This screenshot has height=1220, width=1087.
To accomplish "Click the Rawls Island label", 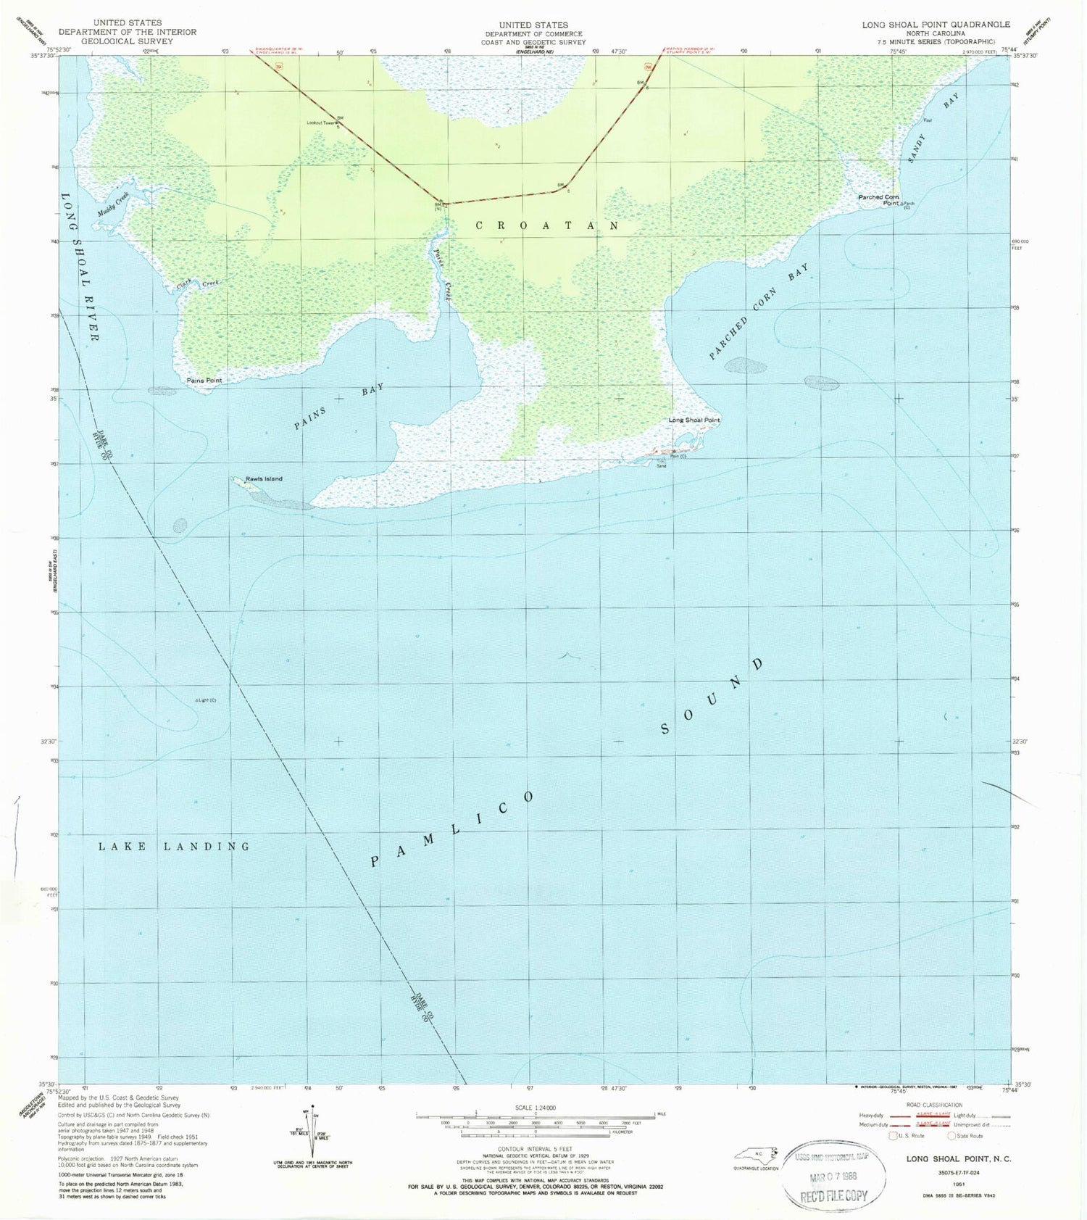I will point(264,478).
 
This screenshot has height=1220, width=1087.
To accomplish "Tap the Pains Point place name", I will point(204,380).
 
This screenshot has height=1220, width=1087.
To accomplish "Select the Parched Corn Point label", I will point(879,200).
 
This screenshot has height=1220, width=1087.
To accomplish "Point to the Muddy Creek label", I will point(113,204).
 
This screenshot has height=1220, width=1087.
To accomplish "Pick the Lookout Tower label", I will point(321,123).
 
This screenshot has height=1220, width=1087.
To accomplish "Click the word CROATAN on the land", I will point(547,226).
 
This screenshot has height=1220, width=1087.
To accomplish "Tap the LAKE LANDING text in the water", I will point(174,846).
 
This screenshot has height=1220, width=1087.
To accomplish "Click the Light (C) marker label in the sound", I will point(206,700).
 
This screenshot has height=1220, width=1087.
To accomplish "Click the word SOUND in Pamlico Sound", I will point(712,697).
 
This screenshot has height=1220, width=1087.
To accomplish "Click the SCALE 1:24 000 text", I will point(534,1108).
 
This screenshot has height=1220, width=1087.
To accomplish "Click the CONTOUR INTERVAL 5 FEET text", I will point(534,1149).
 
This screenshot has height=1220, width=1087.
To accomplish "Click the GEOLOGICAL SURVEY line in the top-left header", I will point(128,41).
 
